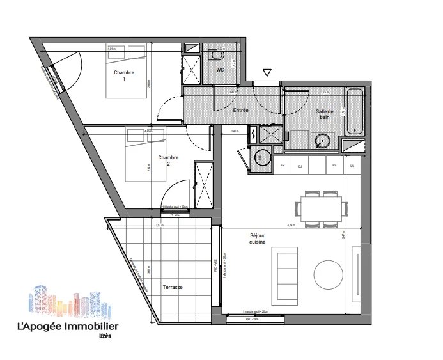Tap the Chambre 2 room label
[x=168, y=160]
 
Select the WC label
[x=219, y=70]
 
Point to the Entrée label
[x=240, y=110]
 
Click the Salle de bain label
[x=325, y=114]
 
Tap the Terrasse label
[x=172, y=287]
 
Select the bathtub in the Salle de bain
[x=355, y=113]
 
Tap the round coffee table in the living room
[x=330, y=274]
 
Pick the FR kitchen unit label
[x=282, y=166]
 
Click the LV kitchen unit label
[x=352, y=166]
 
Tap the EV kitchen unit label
[x=334, y=166]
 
